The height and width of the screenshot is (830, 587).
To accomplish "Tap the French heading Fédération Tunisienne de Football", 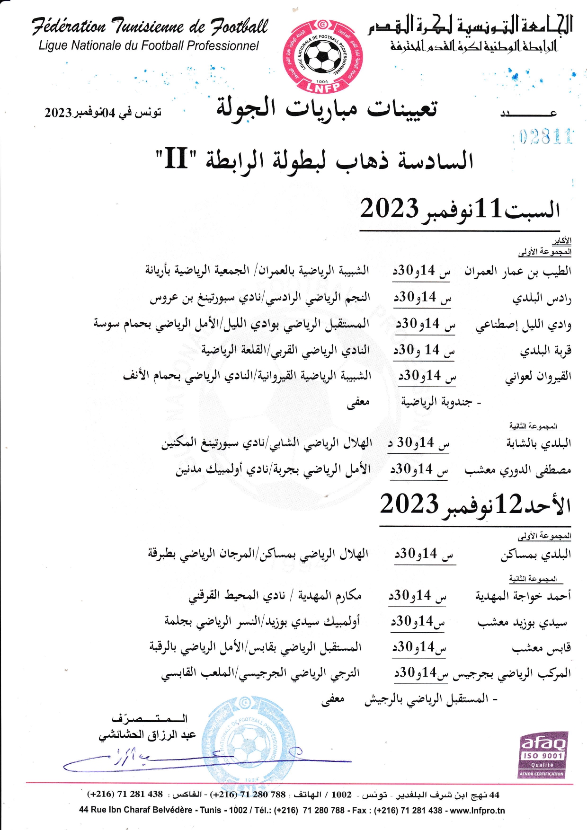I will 150,26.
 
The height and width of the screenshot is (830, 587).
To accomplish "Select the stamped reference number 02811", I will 545,137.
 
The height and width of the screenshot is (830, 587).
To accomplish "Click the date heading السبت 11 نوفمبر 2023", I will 459,209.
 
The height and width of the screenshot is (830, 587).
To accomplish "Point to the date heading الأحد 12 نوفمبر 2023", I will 475,504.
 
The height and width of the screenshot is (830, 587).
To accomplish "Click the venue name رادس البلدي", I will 542,299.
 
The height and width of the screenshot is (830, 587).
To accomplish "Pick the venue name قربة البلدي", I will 545,351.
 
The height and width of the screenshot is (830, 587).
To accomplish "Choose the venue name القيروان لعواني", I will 538,377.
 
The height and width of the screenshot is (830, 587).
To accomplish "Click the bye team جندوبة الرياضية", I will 436,402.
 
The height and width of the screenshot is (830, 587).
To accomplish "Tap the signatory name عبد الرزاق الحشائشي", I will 147,735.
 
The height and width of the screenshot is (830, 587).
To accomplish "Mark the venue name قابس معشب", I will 541,648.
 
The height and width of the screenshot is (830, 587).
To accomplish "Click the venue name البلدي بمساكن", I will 536,554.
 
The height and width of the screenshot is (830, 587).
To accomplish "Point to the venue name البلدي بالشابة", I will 538,443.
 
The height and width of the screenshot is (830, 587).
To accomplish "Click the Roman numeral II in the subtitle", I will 176,159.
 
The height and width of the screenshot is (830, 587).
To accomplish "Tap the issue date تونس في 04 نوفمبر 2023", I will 103,113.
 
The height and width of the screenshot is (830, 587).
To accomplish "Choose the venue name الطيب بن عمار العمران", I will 517,272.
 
